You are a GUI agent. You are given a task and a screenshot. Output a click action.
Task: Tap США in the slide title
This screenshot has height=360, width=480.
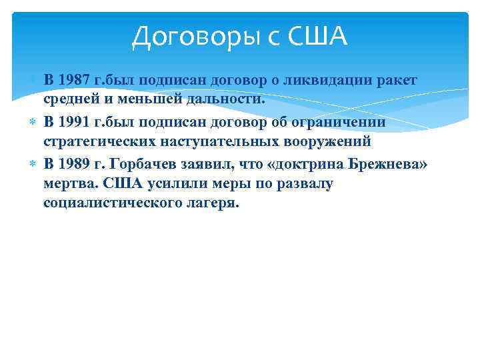(317, 37)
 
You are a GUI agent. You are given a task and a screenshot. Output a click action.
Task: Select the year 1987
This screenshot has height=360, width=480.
(75, 80)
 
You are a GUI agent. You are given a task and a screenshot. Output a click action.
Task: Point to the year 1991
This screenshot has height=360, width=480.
(75, 122)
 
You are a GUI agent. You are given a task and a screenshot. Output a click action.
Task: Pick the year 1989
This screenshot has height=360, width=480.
(75, 163)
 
